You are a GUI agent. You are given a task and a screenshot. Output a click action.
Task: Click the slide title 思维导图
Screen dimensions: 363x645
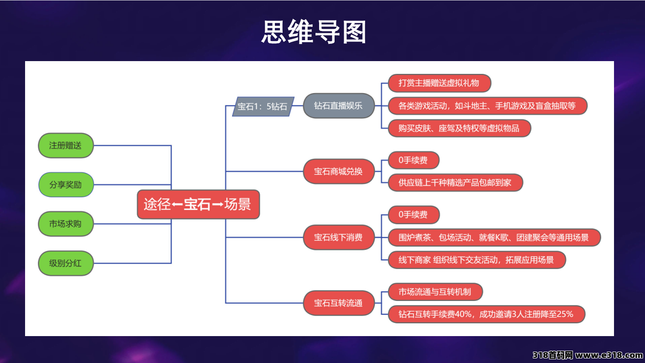coord(314,32)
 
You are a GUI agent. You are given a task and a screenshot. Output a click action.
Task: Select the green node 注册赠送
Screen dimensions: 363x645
coord(66,145)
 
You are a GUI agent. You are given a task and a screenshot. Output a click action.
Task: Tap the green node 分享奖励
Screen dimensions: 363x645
coord(66,185)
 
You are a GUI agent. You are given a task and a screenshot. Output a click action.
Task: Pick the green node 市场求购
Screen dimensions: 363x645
coord(66,224)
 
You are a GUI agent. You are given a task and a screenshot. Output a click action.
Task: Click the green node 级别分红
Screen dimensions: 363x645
coord(66,263)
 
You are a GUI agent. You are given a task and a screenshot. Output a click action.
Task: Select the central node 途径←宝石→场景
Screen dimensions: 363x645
coord(198,204)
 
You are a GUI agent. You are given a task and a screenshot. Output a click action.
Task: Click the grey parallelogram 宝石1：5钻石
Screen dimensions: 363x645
coord(263,107)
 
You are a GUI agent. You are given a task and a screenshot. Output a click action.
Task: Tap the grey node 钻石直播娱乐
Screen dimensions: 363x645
coord(338,106)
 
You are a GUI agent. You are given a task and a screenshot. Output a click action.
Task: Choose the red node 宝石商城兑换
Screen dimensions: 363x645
coord(338,171)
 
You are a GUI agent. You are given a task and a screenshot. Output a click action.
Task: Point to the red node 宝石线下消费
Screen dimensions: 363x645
coord(338,237)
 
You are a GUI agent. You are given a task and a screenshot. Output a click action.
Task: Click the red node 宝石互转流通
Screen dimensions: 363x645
coord(338,303)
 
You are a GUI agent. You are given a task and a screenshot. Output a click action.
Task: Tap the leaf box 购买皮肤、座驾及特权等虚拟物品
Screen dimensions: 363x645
coord(459,128)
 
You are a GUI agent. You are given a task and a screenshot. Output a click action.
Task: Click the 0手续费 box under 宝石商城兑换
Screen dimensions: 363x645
coord(413,161)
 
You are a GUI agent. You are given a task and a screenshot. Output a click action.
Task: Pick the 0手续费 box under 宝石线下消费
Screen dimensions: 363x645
coord(413,214)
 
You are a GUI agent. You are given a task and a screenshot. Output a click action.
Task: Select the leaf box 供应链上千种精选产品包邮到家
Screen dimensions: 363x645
coord(455,183)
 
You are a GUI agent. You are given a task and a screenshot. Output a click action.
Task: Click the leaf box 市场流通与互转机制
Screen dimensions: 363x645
coord(435,292)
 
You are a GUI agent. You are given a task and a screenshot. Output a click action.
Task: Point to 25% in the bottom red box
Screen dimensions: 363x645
coord(563,314)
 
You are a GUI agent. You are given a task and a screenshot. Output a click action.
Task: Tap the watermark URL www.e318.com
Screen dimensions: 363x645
coord(609,356)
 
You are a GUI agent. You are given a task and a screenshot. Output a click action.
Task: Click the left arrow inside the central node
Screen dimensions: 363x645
coord(177,205)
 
